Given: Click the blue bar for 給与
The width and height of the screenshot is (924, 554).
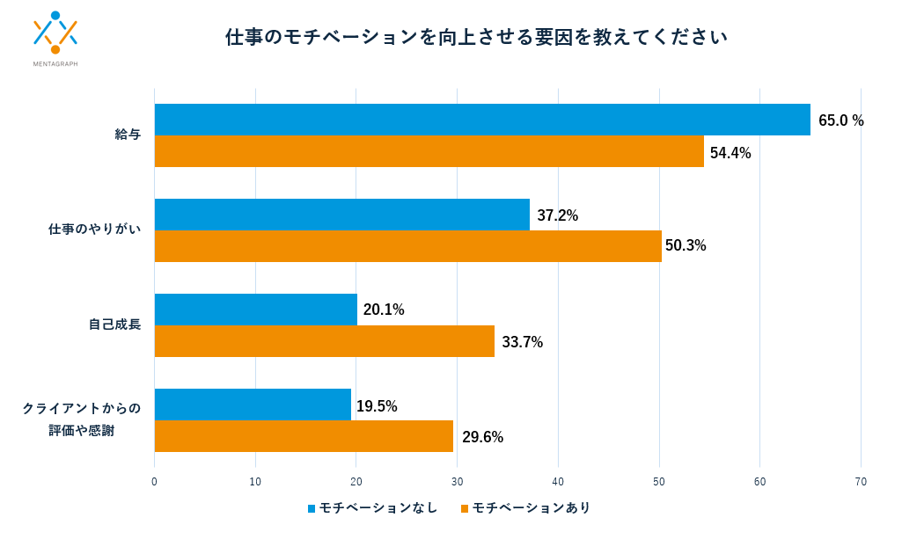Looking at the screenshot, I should click(482, 120).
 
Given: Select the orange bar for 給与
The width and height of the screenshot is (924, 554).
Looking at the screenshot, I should click(429, 151).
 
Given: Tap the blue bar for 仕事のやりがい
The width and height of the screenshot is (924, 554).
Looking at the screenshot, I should click(342, 215).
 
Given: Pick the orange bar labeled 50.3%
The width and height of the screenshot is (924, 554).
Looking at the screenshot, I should click(408, 246).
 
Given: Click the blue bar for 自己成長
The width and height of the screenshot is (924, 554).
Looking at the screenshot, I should click(256, 310).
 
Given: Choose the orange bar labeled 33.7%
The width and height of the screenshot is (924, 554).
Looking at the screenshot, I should click(325, 341).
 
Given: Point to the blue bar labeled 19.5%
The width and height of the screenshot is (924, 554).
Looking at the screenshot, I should click(253, 405).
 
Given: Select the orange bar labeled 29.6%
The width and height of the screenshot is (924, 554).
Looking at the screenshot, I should click(304, 436).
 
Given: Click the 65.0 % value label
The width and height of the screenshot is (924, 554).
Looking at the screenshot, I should click(840, 120).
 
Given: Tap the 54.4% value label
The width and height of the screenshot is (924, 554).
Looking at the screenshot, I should click(730, 153).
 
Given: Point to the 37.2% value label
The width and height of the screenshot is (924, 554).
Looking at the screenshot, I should click(557, 215).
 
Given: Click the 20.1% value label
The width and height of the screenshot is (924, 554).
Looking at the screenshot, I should click(384, 310).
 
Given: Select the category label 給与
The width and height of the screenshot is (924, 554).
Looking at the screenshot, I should click(128, 135).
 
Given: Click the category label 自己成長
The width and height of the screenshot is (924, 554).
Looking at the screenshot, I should click(114, 324).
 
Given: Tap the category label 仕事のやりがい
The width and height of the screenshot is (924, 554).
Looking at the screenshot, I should click(94, 230).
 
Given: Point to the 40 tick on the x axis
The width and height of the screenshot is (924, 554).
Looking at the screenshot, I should click(558, 481).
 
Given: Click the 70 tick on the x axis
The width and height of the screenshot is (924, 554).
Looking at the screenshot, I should click(861, 481).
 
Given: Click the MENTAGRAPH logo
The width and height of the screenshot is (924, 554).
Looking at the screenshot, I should click(55, 40).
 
